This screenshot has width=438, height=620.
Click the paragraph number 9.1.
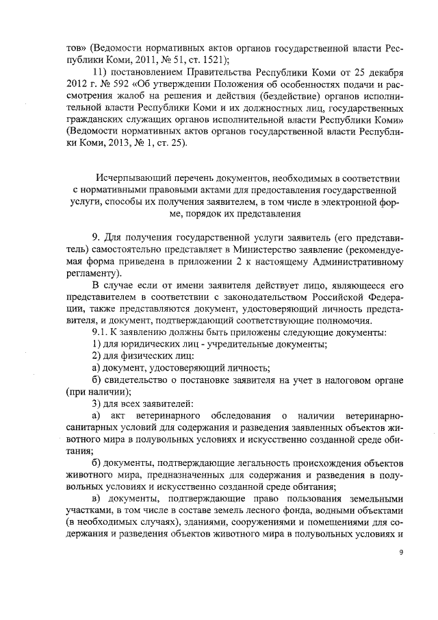[x=101, y=332]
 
